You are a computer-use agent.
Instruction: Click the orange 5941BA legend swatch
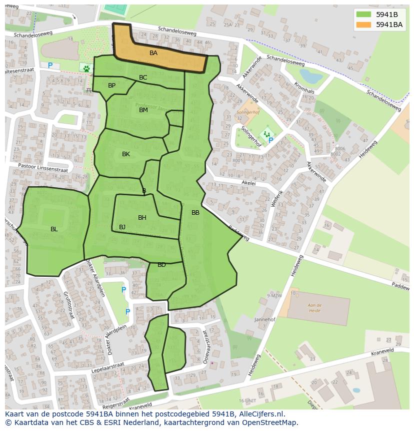click(x=364, y=24)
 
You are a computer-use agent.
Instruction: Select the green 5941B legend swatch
click(x=364, y=15)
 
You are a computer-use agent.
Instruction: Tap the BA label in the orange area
click(x=153, y=53)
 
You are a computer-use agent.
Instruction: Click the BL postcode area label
click(x=54, y=229)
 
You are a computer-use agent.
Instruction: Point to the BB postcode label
click(x=195, y=213)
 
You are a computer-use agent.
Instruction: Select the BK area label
click(x=126, y=154)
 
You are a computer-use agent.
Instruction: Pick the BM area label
click(x=143, y=110)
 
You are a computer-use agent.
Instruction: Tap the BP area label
click(x=111, y=86)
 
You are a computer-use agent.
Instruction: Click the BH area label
click(x=142, y=218)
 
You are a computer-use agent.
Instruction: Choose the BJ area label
click(x=122, y=227)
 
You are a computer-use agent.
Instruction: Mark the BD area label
click(x=161, y=265)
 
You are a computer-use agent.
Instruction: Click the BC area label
click(x=143, y=78)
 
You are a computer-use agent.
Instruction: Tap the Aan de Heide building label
click(x=314, y=307)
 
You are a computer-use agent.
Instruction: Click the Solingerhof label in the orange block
click(x=246, y=113)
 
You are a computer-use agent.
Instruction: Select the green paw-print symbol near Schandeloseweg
click(x=86, y=67)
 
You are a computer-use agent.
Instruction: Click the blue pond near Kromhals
click(x=311, y=77)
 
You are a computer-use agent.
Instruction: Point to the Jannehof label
click(x=265, y=319)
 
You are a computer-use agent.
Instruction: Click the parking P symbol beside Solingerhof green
click(x=270, y=141)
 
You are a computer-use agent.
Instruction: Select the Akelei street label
click(x=248, y=183)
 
